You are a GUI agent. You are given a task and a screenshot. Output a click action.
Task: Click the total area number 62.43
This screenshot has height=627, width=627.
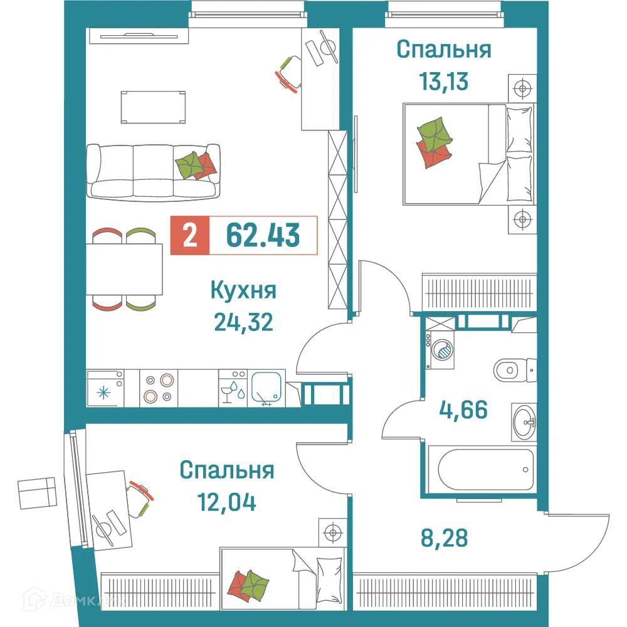pyautogui.click(x=263, y=235)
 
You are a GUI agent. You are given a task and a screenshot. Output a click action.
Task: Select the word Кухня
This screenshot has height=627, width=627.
pyautogui.click(x=243, y=291)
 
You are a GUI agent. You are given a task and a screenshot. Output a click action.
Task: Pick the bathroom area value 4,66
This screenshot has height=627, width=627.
pyautogui.click(x=463, y=411)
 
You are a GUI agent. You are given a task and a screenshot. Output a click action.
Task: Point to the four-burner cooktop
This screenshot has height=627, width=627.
pyautogui.click(x=158, y=388)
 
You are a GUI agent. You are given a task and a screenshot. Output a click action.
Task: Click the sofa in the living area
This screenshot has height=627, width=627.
pyautogui.click(x=153, y=171)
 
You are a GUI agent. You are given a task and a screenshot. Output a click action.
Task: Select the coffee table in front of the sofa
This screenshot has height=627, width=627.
pyautogui.click(x=154, y=107)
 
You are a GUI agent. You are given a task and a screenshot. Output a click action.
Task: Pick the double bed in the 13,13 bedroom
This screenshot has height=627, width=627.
pyautogui.click(x=469, y=154)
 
